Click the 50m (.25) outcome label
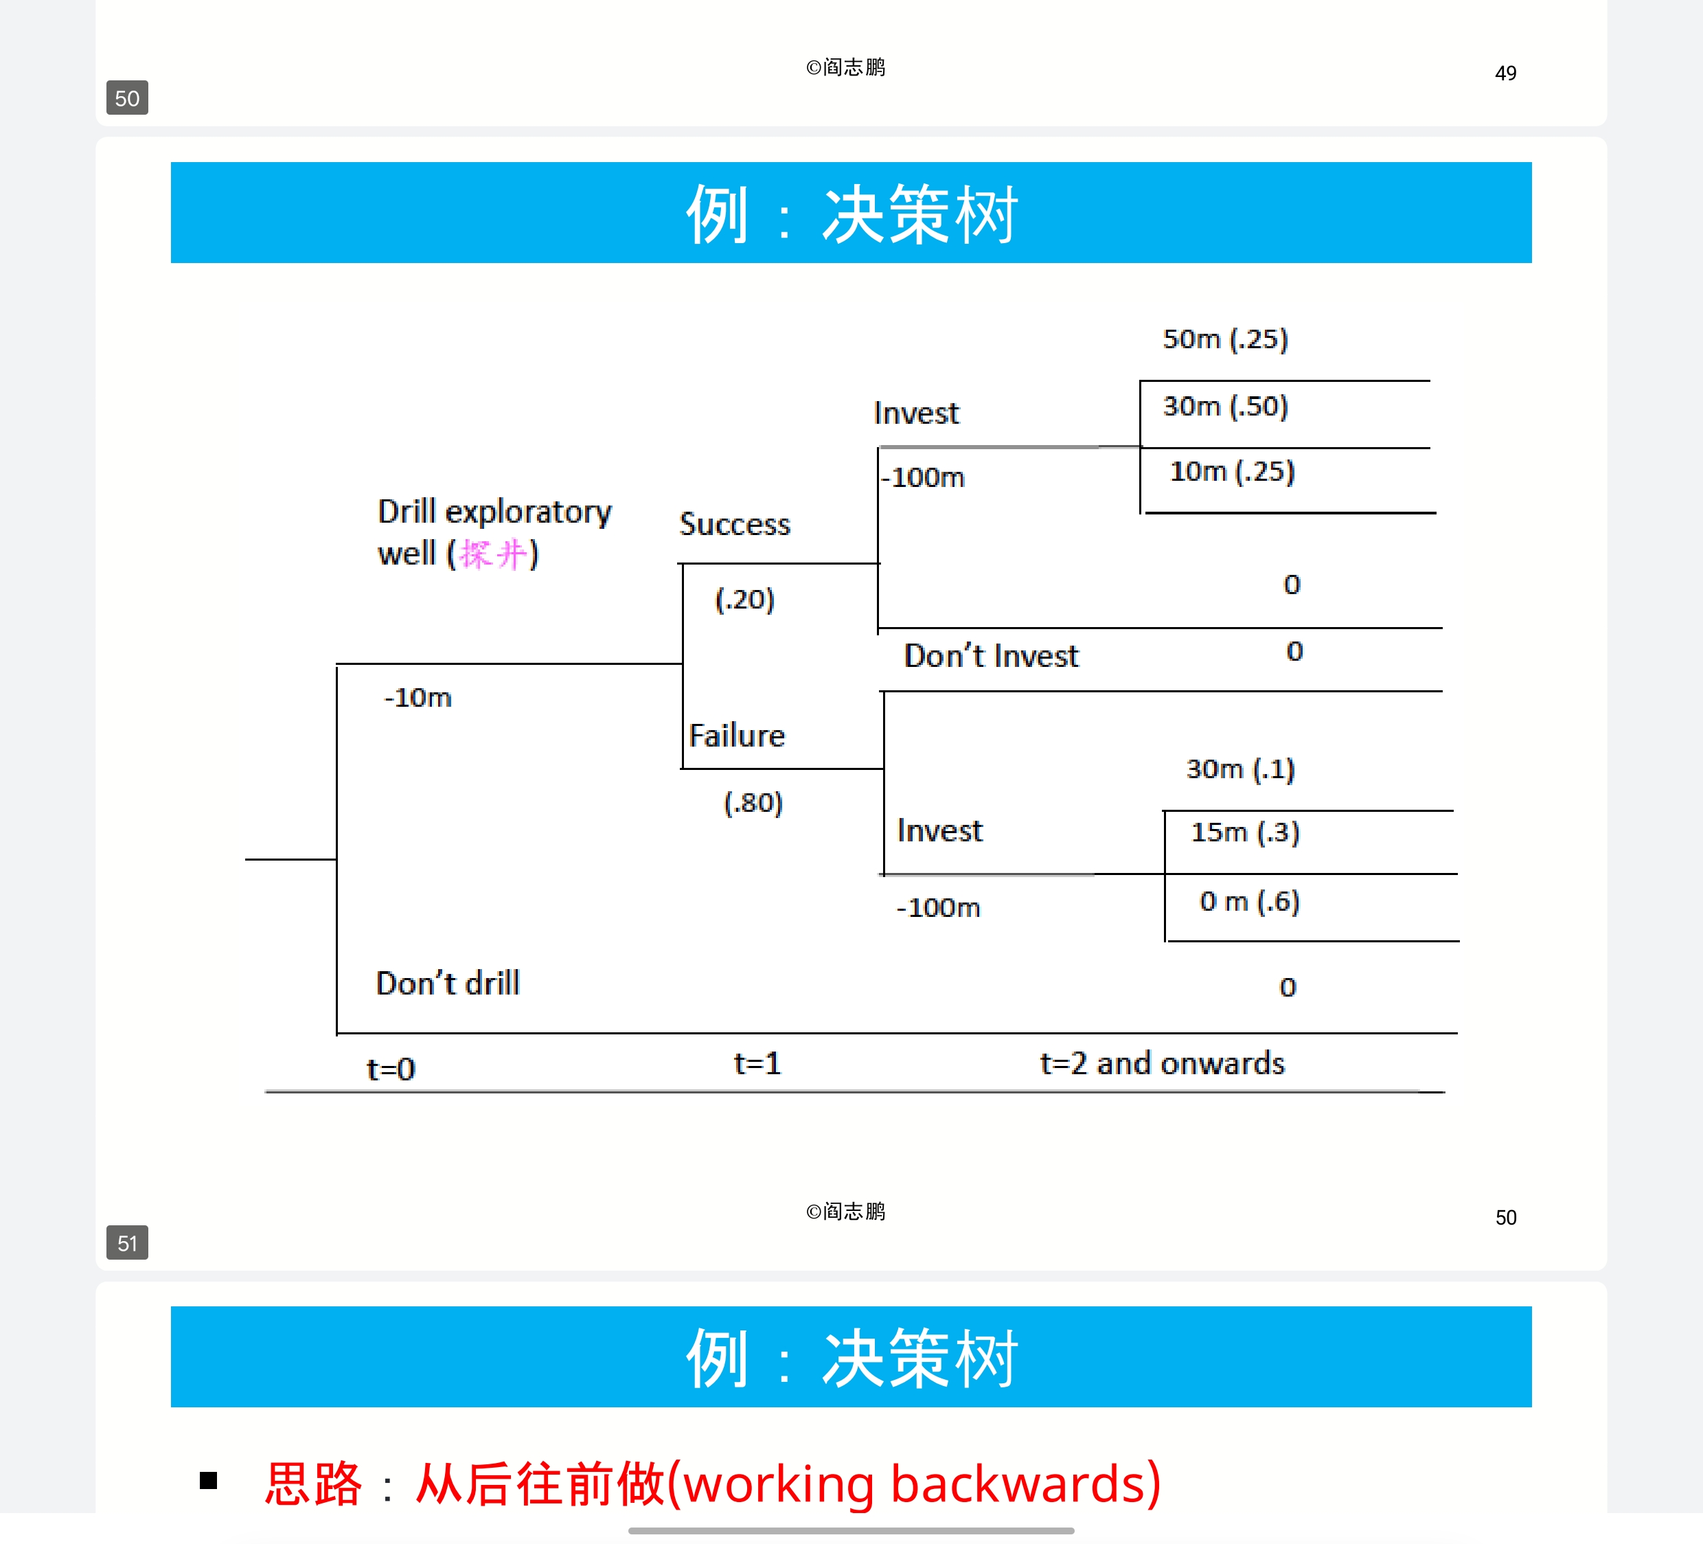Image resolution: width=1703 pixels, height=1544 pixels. coord(1225,339)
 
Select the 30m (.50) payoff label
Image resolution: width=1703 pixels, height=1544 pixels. coord(1225,407)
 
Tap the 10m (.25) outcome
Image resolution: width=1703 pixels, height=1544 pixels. coord(1232,472)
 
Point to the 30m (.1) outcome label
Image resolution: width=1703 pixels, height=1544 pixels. coord(1240,769)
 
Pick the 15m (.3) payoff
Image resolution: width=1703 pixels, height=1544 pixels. coord(1244,832)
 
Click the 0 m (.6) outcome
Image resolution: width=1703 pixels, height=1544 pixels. coord(1248,902)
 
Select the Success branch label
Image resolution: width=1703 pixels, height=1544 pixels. coord(735,525)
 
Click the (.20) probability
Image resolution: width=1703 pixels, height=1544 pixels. coord(744,599)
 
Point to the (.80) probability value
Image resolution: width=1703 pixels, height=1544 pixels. coord(753,802)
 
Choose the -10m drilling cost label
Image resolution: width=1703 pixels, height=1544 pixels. coord(418,698)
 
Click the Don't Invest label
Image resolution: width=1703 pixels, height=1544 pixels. coord(991,657)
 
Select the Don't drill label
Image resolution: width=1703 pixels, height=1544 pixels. coord(448,984)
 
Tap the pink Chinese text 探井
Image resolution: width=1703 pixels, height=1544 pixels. coord(493,554)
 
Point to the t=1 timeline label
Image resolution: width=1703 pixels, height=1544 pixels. coord(757,1063)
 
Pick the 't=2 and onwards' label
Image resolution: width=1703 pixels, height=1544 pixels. coord(1161,1063)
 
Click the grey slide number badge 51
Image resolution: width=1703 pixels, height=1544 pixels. coord(127,1243)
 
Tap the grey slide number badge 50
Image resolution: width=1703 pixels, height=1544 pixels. coord(127,98)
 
